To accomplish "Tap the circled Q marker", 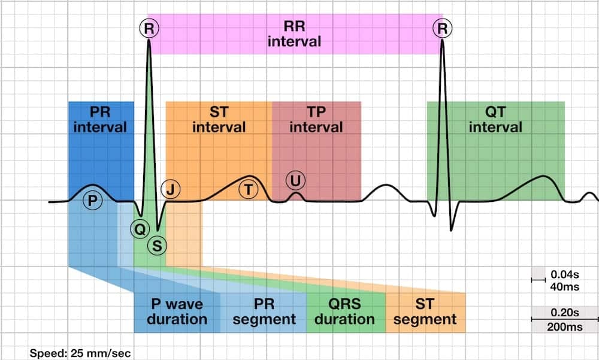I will (139, 228).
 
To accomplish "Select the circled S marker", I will (157, 244).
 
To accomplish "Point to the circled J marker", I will (171, 190).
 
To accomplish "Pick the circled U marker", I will (295, 180).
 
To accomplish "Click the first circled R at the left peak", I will (149, 28).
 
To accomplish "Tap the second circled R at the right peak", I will (443, 28).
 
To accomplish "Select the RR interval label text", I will (294, 34).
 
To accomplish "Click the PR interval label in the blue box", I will (101, 119).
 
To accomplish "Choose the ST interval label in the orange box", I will (219, 119).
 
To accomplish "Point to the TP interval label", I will (316, 119).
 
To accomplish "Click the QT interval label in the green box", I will (495, 119).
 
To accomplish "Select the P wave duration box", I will (177, 311).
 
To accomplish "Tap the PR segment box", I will (264, 311).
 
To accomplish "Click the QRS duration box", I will (345, 311).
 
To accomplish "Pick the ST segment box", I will (425, 311).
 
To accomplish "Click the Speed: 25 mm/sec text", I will (80, 353).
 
